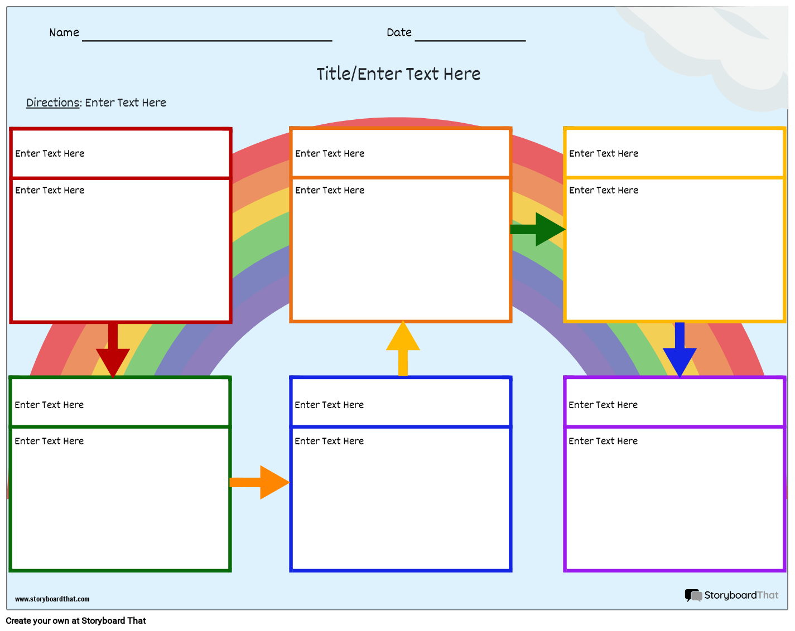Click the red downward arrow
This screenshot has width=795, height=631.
(x=113, y=351)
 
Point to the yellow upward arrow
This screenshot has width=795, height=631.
(x=403, y=349)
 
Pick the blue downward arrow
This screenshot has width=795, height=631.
(x=680, y=351)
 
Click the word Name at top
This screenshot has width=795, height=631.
(x=64, y=33)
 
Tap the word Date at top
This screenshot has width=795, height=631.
(x=399, y=33)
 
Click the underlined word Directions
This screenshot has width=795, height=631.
(x=53, y=103)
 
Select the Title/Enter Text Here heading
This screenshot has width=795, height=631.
(x=398, y=74)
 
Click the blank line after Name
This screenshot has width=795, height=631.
(x=207, y=39)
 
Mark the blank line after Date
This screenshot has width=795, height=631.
(x=470, y=39)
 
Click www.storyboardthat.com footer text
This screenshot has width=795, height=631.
(x=52, y=599)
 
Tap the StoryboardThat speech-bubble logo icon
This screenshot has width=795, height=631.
(x=693, y=595)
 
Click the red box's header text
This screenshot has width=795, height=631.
(x=50, y=154)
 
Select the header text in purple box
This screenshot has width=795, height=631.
(x=603, y=405)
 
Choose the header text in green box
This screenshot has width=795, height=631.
(x=49, y=405)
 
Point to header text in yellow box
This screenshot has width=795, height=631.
(x=604, y=154)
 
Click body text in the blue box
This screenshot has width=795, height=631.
(x=329, y=441)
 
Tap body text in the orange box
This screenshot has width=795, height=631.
(x=330, y=191)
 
